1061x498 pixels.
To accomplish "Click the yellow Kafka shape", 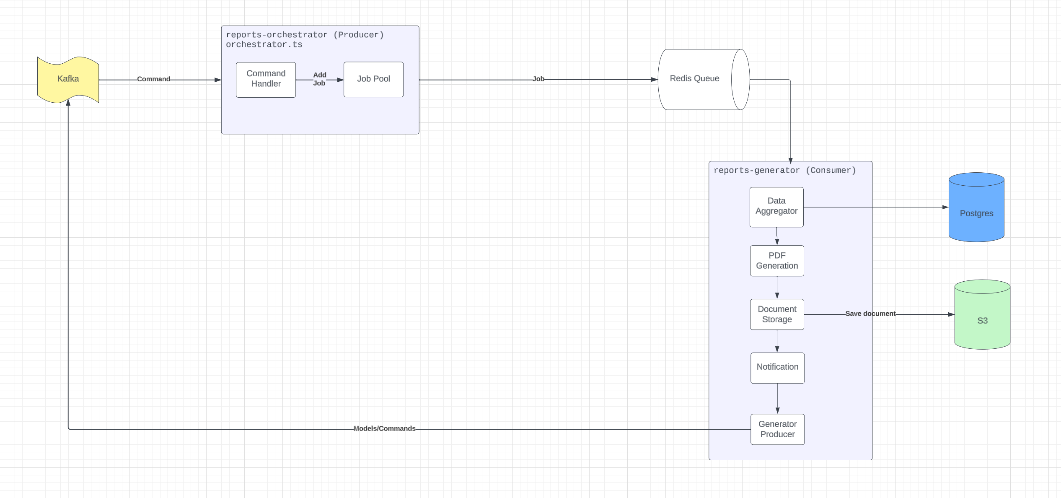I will click(68, 79).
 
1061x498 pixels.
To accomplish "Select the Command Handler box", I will click(266, 80).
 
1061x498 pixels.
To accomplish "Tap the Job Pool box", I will click(373, 79).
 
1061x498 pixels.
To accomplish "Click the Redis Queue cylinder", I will click(696, 79).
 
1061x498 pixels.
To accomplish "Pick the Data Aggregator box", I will click(776, 207).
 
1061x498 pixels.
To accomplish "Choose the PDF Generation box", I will click(776, 261).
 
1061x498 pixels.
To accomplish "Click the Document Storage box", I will click(776, 314).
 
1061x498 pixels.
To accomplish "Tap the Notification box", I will click(777, 368).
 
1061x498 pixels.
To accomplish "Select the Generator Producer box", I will click(777, 429).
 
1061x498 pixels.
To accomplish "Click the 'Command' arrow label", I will click(153, 79).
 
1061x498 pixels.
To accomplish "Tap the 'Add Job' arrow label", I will click(319, 79).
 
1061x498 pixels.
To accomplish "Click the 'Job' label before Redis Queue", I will click(538, 79).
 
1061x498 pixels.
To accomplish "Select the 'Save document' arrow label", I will click(870, 314).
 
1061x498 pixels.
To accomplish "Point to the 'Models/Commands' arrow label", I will click(384, 428).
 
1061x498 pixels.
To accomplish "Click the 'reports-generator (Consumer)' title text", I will click(784, 171).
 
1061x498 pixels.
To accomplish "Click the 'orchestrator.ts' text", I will click(264, 45).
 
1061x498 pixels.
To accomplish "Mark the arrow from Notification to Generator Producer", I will click(777, 398).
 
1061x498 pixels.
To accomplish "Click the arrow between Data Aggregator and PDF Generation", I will click(776, 236).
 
